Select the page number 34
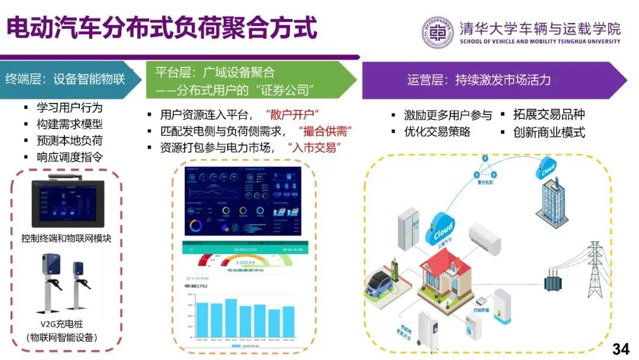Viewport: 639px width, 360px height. coord(621,349)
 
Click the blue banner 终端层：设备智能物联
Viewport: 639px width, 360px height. coord(66,78)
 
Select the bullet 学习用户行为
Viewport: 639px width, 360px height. coord(69,108)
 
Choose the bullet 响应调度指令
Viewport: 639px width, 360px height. coord(69,157)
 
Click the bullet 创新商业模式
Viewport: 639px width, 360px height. coord(549,132)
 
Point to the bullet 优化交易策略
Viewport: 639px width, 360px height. coord(437,131)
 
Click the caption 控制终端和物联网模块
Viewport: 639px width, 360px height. coord(66,239)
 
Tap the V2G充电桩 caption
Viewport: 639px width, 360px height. coord(66,325)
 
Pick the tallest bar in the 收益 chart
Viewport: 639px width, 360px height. coord(231,317)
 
